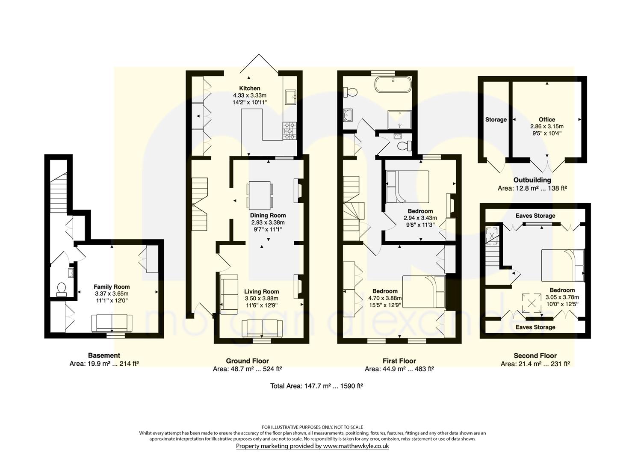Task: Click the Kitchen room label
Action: [249, 88]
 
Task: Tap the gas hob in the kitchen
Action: [289, 131]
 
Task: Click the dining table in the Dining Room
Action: [260, 195]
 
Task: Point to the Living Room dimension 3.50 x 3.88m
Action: [261, 298]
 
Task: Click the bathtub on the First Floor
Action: [393, 84]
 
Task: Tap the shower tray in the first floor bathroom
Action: [399, 120]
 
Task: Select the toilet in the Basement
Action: [61, 290]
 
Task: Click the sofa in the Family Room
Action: [112, 323]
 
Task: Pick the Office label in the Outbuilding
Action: [547, 119]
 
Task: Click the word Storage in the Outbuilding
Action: [496, 120]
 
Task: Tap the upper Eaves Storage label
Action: [535, 216]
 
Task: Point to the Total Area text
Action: [317, 386]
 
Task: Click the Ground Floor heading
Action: [247, 361]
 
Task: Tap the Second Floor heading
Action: [535, 355]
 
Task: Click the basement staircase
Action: [59, 192]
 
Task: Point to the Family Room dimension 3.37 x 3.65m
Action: [112, 293]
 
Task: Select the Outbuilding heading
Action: [532, 180]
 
